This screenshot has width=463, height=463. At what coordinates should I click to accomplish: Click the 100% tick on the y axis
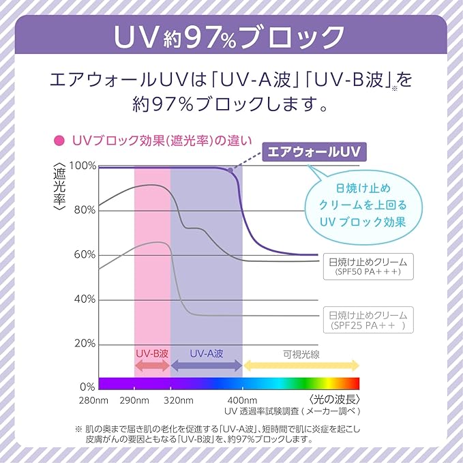[x=83, y=166]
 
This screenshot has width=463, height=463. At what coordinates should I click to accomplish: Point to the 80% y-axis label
[x=85, y=210]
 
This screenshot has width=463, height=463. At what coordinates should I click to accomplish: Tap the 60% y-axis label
[x=85, y=254]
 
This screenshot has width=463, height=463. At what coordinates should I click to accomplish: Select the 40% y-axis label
[x=85, y=299]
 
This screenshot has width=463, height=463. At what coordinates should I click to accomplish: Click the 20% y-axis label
[x=85, y=344]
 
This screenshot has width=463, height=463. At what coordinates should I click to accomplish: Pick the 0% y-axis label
[x=87, y=387]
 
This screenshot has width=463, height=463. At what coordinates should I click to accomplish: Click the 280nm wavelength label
[x=93, y=401]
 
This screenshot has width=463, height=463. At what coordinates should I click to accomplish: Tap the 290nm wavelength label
[x=134, y=401]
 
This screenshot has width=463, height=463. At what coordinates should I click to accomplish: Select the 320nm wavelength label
[x=179, y=401]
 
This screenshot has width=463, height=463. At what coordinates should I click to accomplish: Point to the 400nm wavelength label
[x=242, y=401]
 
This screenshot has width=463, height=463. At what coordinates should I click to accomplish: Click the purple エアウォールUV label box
[x=314, y=152]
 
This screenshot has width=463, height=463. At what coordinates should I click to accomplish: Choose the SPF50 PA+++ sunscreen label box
[x=368, y=267]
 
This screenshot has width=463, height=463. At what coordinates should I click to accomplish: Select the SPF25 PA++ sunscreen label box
[x=368, y=320]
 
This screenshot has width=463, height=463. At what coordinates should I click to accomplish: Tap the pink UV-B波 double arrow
[x=152, y=365]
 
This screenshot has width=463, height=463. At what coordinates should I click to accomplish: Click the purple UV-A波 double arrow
[x=207, y=365]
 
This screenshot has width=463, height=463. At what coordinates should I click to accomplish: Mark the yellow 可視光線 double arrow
[x=301, y=365]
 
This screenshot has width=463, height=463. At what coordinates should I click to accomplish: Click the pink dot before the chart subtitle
[x=59, y=140]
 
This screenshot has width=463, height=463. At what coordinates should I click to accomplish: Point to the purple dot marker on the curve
[x=230, y=170]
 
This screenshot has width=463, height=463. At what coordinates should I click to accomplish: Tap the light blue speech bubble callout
[x=363, y=207]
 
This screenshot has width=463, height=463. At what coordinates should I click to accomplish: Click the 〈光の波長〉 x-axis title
[x=334, y=400]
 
